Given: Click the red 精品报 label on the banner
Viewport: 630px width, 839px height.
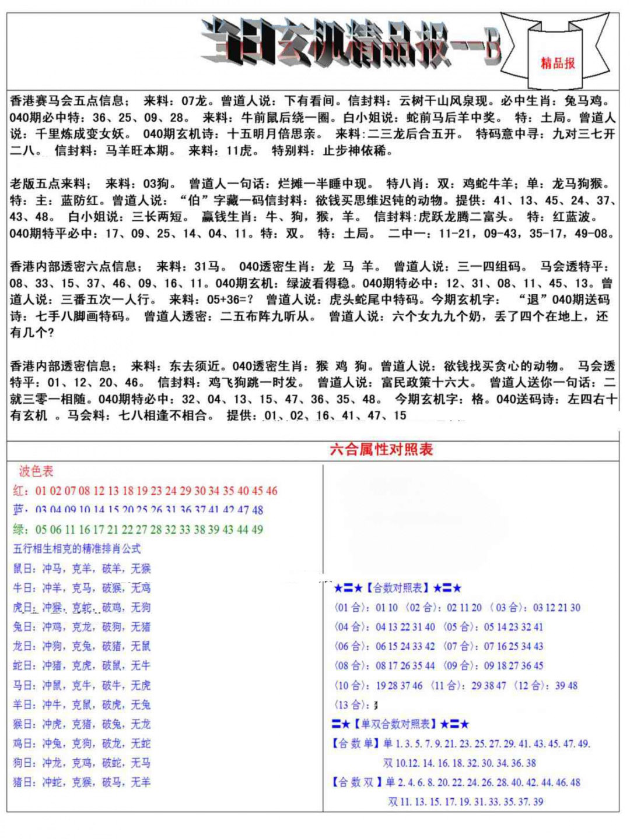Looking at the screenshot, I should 558,63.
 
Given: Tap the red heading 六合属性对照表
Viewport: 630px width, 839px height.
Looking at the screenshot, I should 381,449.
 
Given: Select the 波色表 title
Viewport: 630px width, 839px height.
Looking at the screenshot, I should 36,471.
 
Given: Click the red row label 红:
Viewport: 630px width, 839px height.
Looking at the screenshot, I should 21,491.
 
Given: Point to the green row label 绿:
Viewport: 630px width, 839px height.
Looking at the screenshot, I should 21,530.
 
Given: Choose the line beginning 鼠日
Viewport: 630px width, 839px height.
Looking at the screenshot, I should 82,569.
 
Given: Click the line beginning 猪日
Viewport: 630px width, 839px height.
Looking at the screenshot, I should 82,782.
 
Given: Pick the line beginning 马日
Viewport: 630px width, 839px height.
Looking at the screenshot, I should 82,685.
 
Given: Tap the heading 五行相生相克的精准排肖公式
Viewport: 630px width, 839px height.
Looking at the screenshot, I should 77,549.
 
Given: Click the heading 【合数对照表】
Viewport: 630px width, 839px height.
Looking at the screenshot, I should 398,588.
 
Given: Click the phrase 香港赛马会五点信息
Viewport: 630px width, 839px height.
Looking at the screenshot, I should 66,101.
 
